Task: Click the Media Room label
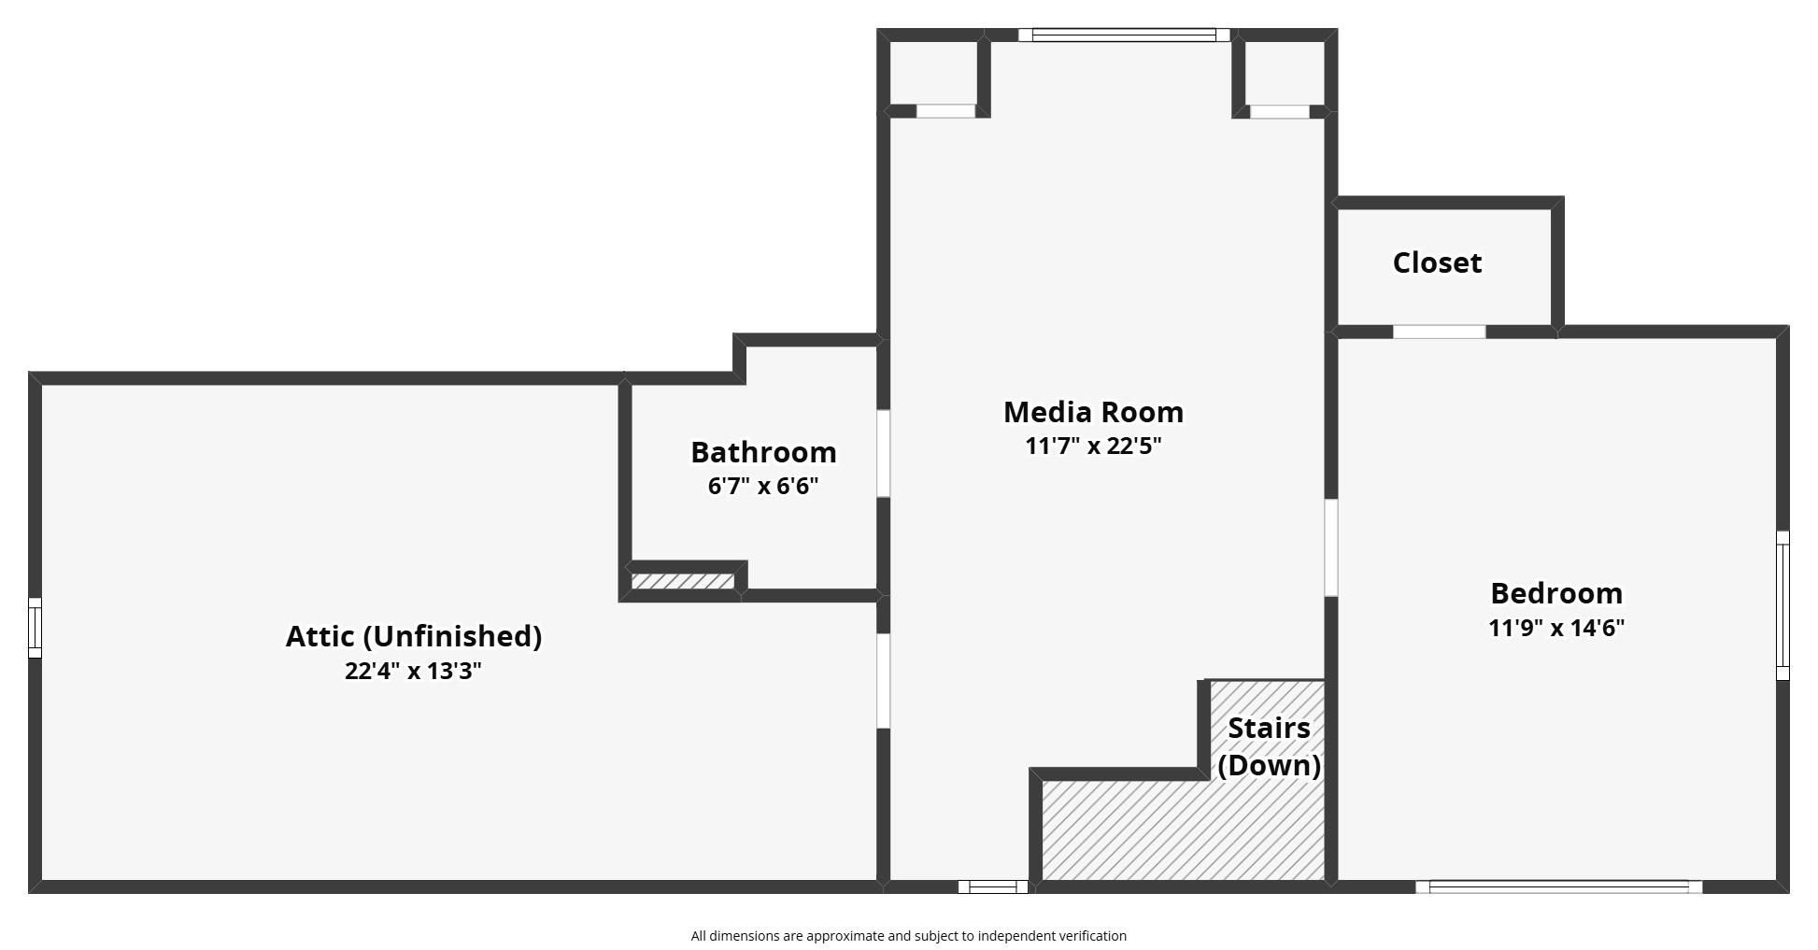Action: [x=1093, y=412]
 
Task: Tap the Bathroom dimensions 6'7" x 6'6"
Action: [x=763, y=486]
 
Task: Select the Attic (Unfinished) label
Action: [x=413, y=636]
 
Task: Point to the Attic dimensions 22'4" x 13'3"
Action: [x=413, y=671]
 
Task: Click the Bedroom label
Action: [x=1556, y=593]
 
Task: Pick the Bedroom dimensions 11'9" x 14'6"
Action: [x=1556, y=628]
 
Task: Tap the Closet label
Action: [x=1437, y=262]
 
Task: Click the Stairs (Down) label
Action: [x=1269, y=746]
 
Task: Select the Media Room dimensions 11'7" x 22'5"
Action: [x=1093, y=446]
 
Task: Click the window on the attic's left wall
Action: [x=35, y=628]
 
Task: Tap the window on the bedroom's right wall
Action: [x=1782, y=605]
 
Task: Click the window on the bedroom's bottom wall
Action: [x=1558, y=886]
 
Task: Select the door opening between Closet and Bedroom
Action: [x=1439, y=332]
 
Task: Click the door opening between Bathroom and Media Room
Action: [x=883, y=453]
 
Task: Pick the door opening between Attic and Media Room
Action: [x=883, y=680]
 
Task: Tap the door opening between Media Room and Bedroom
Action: [x=1331, y=547]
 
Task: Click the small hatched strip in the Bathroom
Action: [x=683, y=581]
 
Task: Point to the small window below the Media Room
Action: [x=993, y=886]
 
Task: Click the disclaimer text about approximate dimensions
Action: [x=908, y=936]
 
